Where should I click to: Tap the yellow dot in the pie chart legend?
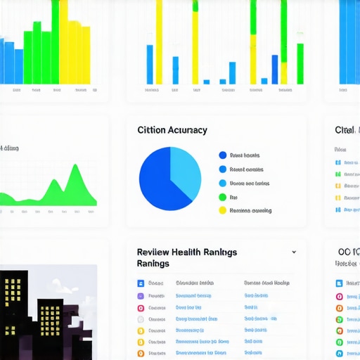pyautogui.click(x=223, y=210)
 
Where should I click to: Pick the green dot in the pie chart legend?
pyautogui.click(x=223, y=198)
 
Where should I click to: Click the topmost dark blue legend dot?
pyautogui.click(x=223, y=155)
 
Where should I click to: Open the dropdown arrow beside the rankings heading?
pyautogui.click(x=294, y=252)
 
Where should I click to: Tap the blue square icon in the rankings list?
pyautogui.click(x=141, y=283)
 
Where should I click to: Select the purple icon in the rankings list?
pyautogui.click(x=141, y=296)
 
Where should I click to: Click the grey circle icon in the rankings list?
pyautogui.click(x=141, y=319)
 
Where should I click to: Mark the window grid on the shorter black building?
pyautogui.click(x=51, y=316)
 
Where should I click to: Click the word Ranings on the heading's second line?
pyautogui.click(x=153, y=264)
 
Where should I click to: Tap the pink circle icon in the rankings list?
pyautogui.click(x=141, y=308)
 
